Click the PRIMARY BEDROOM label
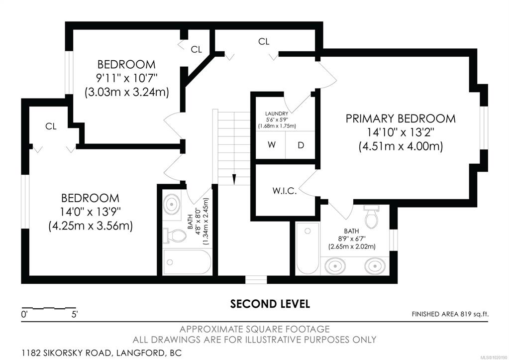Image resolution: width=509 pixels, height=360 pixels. tap(401, 119)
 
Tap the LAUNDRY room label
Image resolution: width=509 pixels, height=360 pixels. tap(277, 114)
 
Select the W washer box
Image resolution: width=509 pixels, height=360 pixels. tap(271, 145)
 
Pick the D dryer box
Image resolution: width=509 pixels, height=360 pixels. tap(301, 145)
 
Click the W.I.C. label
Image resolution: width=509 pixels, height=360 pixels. tap(285, 191)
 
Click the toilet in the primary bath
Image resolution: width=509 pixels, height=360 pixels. tap(371, 216)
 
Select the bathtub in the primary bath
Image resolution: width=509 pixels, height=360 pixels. tap(307, 248)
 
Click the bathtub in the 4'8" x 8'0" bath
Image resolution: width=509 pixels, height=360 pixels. tap(187, 262)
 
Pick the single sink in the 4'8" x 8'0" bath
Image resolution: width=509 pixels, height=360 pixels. tap(171, 204)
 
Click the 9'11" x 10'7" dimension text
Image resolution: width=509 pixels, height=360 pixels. tap(126, 78)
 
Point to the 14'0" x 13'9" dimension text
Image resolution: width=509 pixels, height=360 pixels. tap(90, 212)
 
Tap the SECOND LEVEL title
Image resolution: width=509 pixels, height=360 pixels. tap(270, 304)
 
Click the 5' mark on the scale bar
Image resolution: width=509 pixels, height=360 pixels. tap(75, 315)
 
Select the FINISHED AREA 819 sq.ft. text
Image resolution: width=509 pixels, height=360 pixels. tap(450, 314)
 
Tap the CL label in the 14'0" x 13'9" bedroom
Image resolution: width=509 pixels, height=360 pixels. tap(51, 126)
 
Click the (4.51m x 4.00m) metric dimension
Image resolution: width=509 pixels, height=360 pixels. tap(401, 146)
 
